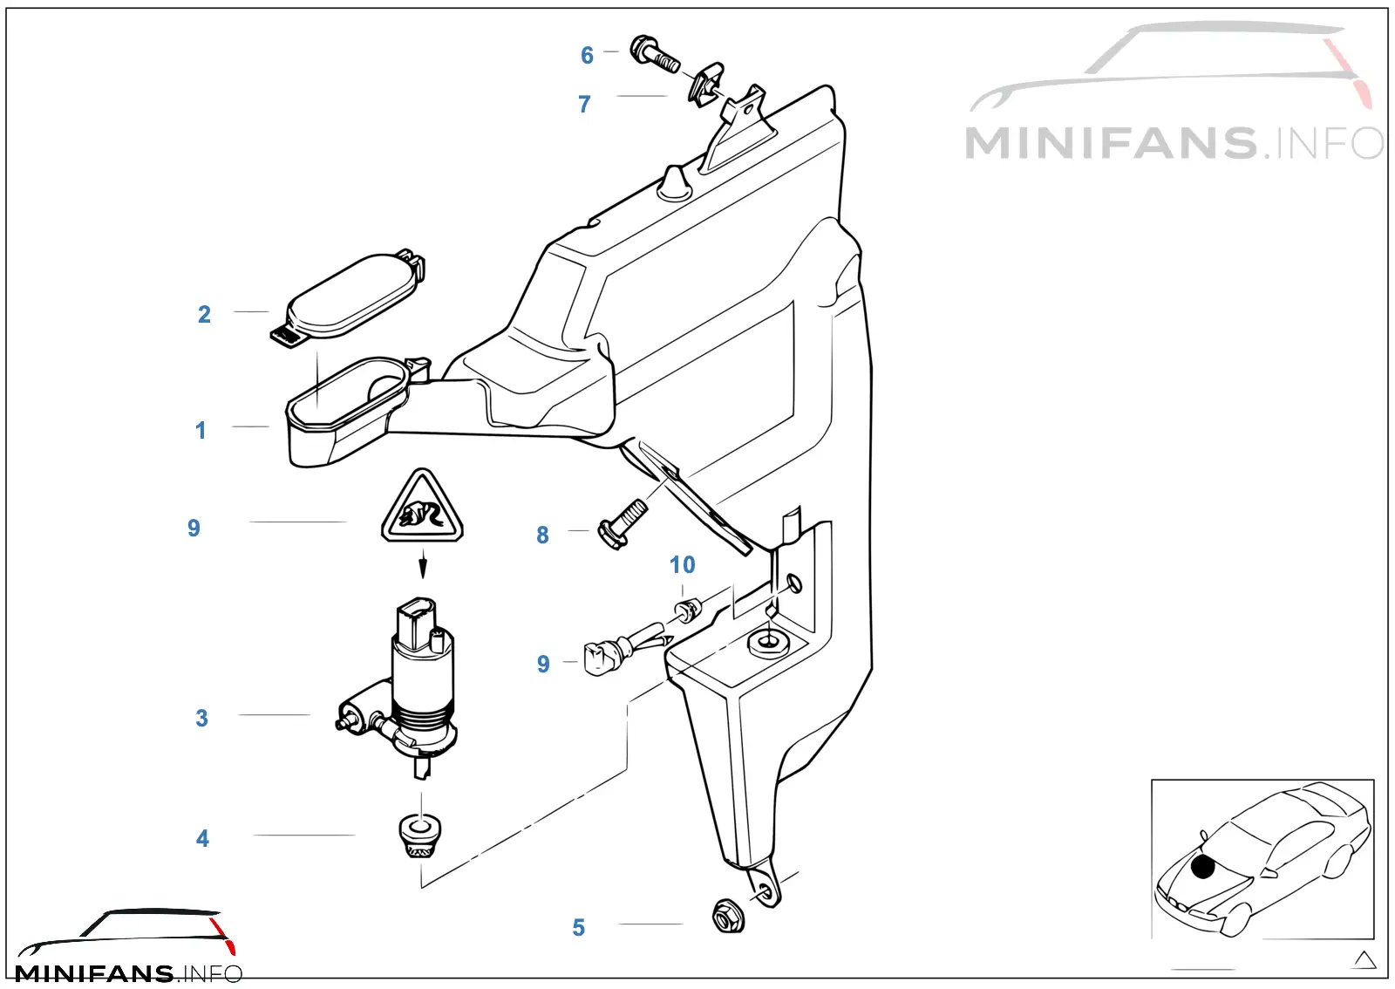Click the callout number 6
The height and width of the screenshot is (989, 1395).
coord(587,56)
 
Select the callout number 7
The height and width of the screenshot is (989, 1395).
coord(584,104)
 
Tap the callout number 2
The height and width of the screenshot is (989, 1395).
coord(204,315)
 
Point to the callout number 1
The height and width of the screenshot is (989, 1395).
coord(201,430)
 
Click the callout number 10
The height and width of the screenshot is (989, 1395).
coord(682,565)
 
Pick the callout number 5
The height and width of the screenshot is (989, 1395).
coord(579,928)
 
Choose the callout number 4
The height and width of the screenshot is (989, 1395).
coord(202,838)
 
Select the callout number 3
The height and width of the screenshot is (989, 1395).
coord(201,718)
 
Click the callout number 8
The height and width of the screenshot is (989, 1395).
coord(542,535)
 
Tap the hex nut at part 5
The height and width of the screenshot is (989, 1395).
coord(728,916)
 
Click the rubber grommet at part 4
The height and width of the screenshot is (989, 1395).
coord(419,836)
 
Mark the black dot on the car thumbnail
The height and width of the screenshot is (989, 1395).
coord(1202,867)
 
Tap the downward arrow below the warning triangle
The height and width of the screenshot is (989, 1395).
coord(423,563)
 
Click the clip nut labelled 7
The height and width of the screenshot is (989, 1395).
coord(707,84)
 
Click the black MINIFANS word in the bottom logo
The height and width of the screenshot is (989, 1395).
coord(94,973)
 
